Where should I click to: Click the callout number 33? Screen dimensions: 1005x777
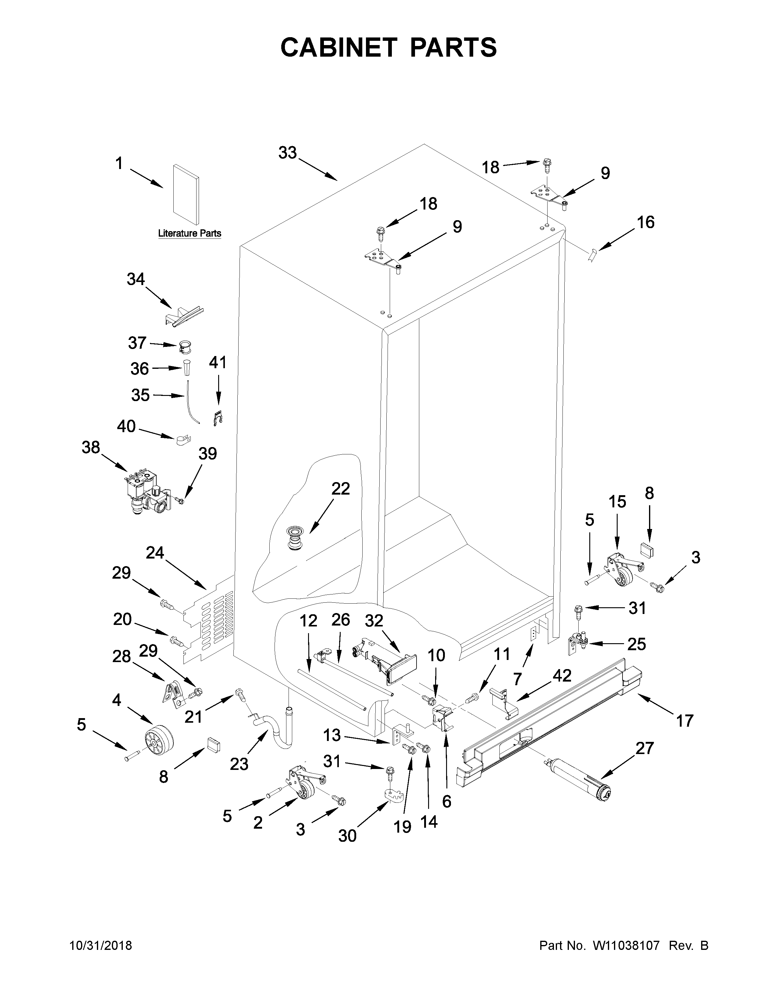(x=287, y=153)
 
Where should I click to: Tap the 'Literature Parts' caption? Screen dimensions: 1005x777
(x=190, y=233)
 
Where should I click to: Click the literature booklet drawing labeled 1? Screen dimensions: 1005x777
(x=186, y=195)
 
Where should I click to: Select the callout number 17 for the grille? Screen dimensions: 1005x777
(x=684, y=721)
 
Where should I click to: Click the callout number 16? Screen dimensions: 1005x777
(x=645, y=222)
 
